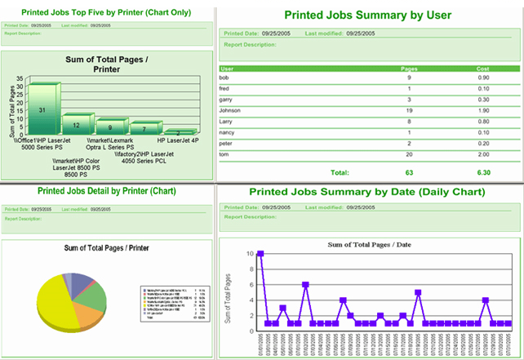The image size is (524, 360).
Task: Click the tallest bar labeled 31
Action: pos(42,110)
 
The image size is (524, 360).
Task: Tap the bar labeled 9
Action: pos(110,127)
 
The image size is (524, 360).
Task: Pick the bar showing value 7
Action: pos(144,128)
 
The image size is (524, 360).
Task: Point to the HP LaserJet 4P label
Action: pos(179,140)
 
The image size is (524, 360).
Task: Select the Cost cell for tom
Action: pos(483,153)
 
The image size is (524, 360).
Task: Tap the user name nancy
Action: pos(229,131)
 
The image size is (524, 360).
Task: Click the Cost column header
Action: pos(483,69)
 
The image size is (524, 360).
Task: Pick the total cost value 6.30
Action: pos(483,172)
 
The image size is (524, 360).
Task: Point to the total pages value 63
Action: pos(411,172)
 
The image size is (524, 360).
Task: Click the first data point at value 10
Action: pos(260,254)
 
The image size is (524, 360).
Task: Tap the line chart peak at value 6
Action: pos(305,285)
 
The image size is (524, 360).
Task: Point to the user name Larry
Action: pos(229,121)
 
